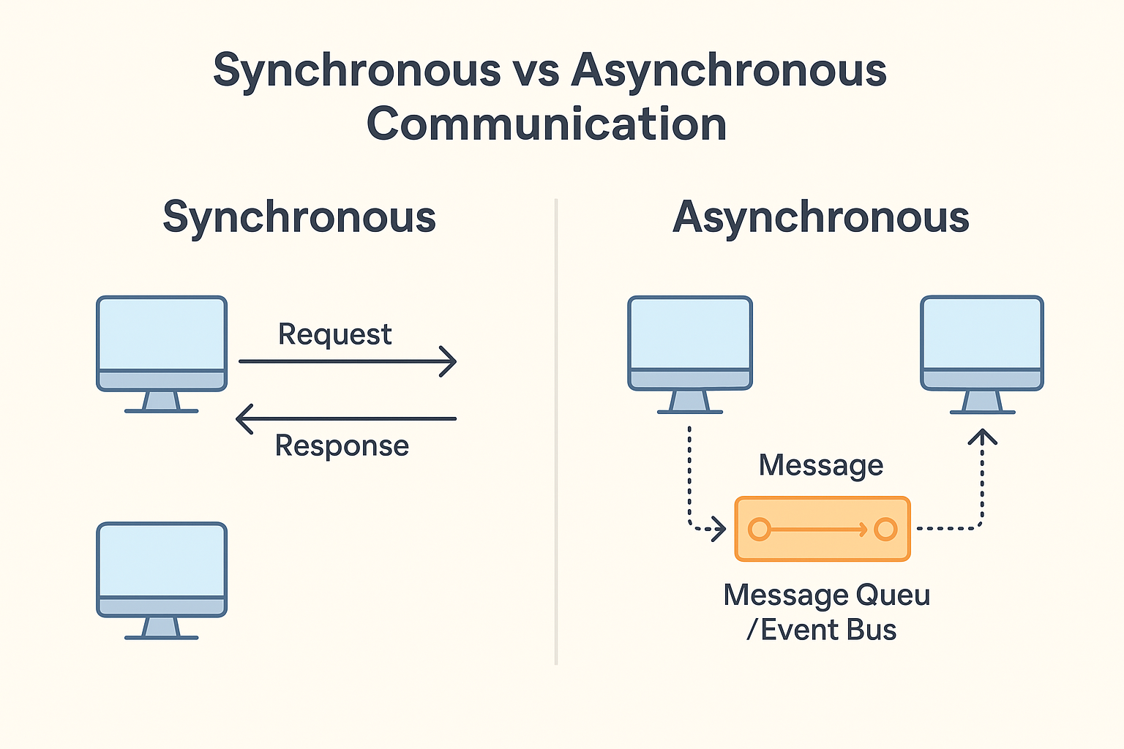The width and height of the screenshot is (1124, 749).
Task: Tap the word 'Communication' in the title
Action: point(547,124)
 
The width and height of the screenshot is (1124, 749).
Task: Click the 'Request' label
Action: point(334,334)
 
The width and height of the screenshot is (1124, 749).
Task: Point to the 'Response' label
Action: point(342,445)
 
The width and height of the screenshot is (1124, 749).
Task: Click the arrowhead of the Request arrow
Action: point(448,361)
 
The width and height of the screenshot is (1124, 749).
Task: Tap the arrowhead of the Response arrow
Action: point(244,418)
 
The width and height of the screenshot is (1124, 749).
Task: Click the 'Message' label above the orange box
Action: point(821,465)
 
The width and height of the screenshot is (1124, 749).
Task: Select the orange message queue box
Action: point(823,529)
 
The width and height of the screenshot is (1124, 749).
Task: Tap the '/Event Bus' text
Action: point(822,630)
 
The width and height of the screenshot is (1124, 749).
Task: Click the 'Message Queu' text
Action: point(827,595)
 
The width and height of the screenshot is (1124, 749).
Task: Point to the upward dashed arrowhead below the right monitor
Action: point(982,437)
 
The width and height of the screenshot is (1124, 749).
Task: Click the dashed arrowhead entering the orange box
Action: point(719,529)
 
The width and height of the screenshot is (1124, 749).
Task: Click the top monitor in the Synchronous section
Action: point(162,354)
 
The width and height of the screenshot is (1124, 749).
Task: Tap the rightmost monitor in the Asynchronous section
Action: point(982,354)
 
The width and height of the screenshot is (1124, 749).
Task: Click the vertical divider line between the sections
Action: point(556,432)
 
